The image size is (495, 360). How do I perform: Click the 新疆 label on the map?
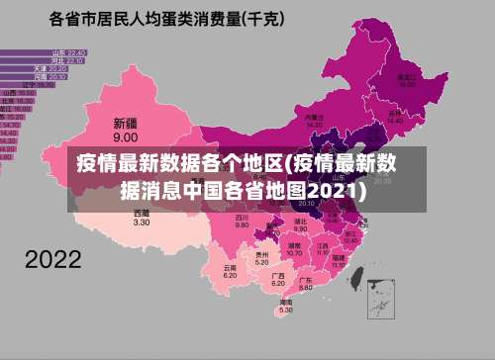click(x=125, y=125)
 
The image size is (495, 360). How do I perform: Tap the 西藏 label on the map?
click(x=142, y=213)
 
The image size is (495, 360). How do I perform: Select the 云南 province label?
click(x=230, y=267)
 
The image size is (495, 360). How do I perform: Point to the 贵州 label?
click(x=261, y=254)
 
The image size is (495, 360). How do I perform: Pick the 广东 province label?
click(x=306, y=281)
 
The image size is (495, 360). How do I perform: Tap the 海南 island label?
click(x=285, y=302)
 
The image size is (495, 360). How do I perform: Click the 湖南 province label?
click(x=294, y=243)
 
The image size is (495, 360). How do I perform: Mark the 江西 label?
click(x=322, y=244)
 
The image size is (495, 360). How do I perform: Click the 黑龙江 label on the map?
click(x=406, y=75)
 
